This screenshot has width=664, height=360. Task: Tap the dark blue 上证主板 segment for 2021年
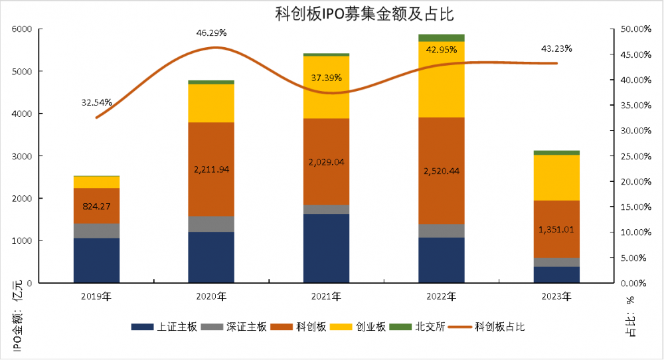(326, 248)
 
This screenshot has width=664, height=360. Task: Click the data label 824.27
(96, 207)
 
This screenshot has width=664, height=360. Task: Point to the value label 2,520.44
(441, 171)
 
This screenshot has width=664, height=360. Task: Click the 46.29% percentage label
(211, 33)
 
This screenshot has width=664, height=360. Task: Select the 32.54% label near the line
(96, 103)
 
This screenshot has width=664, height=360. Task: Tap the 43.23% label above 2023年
(556, 48)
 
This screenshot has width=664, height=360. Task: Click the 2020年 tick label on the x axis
(211, 296)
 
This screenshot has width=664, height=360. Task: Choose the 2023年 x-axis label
(556, 296)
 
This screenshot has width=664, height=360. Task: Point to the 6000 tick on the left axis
(23, 29)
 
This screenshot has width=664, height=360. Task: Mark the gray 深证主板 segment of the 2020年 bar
(211, 224)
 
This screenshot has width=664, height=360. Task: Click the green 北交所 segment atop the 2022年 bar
(441, 38)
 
